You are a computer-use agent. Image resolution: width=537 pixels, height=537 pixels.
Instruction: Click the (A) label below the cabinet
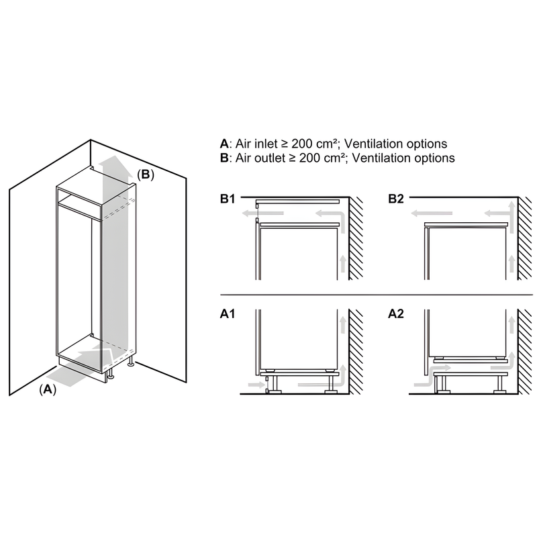pyautogui.click(x=46, y=389)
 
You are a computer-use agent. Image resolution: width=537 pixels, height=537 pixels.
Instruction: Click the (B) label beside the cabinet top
pyautogui.click(x=146, y=175)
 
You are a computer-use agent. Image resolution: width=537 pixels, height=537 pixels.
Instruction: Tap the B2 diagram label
pyautogui.click(x=396, y=199)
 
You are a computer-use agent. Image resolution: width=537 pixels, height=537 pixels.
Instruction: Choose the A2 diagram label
pyautogui.click(x=396, y=313)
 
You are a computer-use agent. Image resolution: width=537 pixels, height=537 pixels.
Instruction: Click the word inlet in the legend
pyautogui.click(x=260, y=144)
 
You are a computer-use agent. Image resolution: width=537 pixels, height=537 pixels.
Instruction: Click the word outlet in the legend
pyautogui.click(x=263, y=158)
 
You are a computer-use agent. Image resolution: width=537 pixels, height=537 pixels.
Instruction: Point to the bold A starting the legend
pyautogui.click(x=224, y=144)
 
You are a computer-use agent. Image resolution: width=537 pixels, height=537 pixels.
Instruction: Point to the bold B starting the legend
pyautogui.click(x=224, y=158)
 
